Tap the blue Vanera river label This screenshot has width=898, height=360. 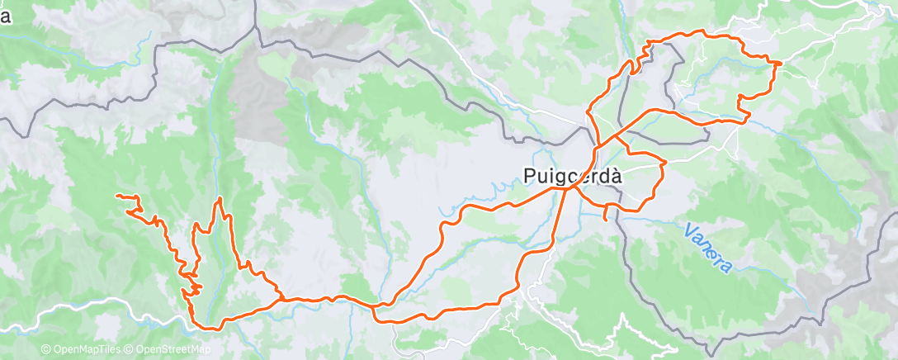(709, 246)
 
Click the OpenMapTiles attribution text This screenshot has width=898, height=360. (81, 350)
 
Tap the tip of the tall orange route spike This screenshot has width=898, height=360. (219, 199)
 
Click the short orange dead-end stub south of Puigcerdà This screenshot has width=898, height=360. (607, 218)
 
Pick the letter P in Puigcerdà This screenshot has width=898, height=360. (531, 175)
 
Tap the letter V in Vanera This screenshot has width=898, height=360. (690, 227)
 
